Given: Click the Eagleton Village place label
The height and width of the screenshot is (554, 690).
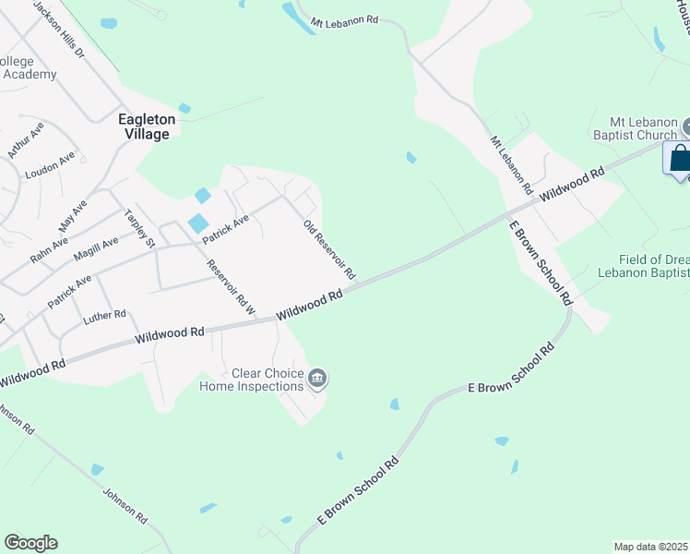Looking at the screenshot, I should point(143,126).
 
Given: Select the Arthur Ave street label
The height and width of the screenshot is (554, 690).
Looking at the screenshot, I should point(25,139).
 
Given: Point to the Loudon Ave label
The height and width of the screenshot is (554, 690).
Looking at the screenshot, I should point(50,169).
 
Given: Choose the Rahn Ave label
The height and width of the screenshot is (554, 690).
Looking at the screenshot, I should point(48,250).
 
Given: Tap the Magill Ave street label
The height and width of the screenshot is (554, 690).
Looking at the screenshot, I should point(97,248).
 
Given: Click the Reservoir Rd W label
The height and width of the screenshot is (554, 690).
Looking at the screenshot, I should point(231,287).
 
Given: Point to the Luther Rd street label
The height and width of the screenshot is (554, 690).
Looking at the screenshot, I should point(103,318).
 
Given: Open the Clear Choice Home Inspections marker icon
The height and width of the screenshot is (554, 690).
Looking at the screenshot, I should point(317,377).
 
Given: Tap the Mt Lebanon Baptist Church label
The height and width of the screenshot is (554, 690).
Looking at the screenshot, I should point(643,128).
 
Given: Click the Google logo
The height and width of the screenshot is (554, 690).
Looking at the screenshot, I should point(30,543).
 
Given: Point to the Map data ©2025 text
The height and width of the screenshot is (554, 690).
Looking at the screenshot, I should point(649,547).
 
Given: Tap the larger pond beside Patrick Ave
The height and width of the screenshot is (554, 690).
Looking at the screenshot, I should point(197,223).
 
